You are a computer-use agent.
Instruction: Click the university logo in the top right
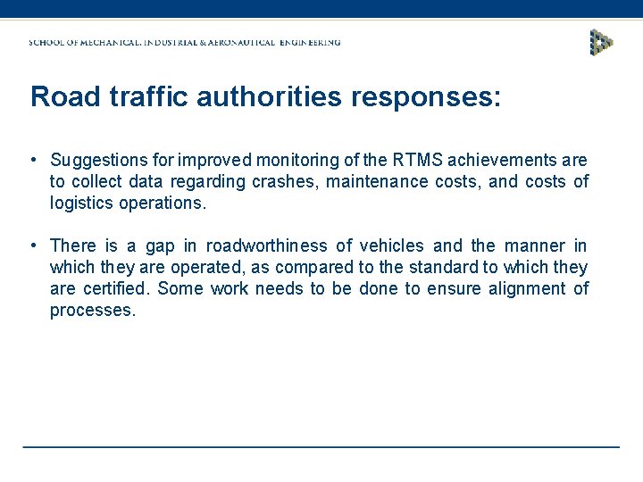602,42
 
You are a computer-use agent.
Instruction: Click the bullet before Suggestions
31,160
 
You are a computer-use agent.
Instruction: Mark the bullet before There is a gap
31,245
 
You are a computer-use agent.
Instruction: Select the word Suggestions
101,161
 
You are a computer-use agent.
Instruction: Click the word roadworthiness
267,246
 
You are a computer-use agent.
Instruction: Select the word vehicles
391,246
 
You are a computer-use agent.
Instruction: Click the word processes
92,311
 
